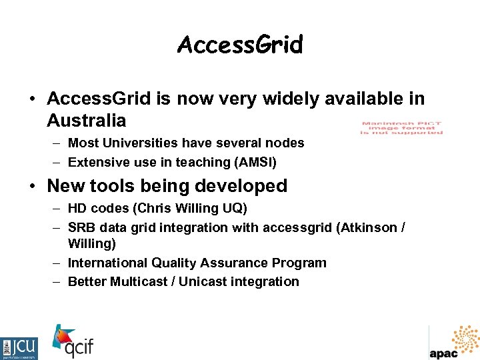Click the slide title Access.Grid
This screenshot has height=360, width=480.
(240, 45)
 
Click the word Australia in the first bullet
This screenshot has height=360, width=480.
(87, 121)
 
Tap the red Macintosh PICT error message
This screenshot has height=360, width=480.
(401, 127)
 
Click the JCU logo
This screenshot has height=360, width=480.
(19, 348)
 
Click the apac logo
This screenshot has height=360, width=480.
(455, 342)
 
